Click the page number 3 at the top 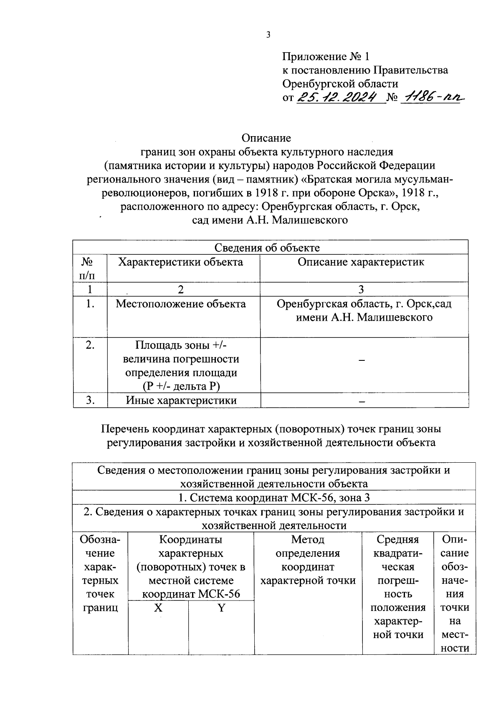click(x=268, y=35)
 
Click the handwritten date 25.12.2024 click(x=341, y=98)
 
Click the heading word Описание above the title click(x=266, y=138)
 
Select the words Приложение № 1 click(x=326, y=56)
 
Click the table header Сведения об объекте click(x=267, y=248)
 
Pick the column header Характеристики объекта click(x=180, y=262)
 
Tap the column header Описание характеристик click(x=361, y=262)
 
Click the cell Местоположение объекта click(x=180, y=304)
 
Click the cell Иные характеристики click(x=181, y=400)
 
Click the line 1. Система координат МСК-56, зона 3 click(x=273, y=498)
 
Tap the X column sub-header click(x=158, y=608)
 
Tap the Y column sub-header click(x=221, y=608)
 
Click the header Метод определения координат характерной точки click(x=308, y=560)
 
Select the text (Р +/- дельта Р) click(x=181, y=386)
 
